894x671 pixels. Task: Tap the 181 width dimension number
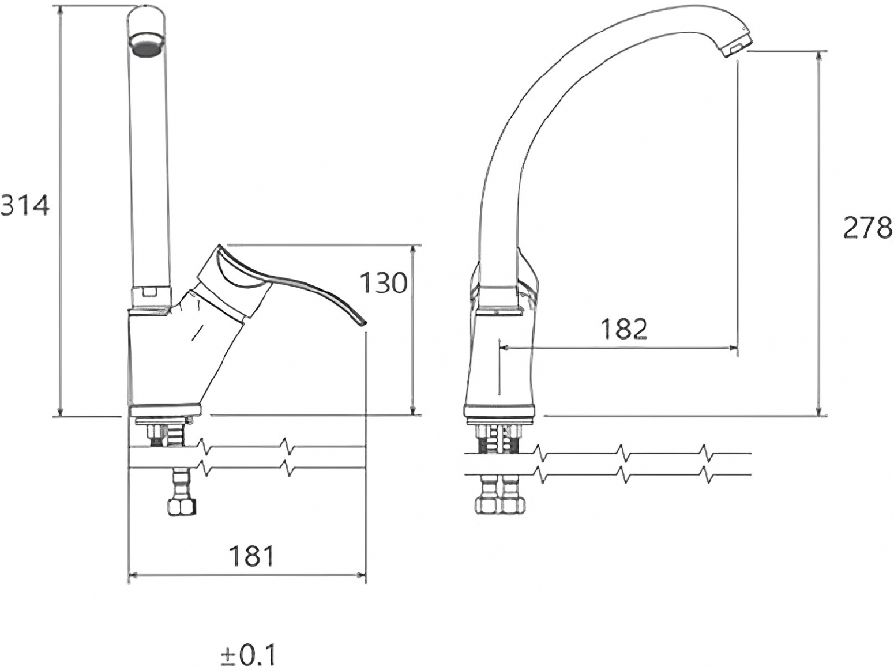(x=252, y=556)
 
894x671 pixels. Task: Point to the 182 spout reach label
(x=624, y=329)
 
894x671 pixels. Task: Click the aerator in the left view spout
(x=148, y=43)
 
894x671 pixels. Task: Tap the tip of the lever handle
(x=364, y=323)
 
